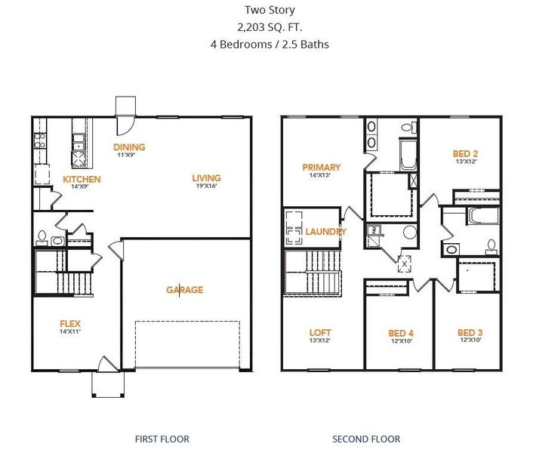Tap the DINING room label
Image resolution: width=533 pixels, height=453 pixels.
129,147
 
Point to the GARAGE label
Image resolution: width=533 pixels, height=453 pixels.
184,290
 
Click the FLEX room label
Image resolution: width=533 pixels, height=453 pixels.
70,324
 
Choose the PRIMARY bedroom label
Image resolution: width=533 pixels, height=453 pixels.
321,167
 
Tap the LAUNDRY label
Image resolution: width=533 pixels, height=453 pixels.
325,231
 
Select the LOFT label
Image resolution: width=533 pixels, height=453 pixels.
320,332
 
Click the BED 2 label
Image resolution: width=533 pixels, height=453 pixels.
465,153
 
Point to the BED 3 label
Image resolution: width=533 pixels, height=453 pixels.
470,332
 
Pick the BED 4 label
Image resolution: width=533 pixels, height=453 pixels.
401,332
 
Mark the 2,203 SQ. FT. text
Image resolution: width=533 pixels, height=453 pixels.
270,26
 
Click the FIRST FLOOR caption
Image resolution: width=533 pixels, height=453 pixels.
162,439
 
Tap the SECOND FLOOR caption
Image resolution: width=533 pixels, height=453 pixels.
366,439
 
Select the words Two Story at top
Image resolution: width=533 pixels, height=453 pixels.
270,10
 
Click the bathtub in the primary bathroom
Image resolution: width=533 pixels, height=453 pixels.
407,155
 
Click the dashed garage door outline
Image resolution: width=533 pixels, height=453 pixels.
187,344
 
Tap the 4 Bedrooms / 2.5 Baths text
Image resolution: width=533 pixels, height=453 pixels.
270,44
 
